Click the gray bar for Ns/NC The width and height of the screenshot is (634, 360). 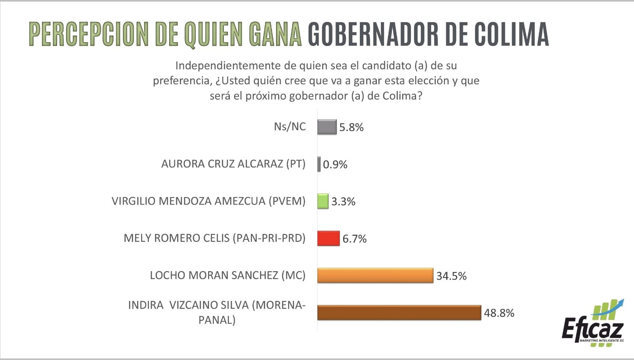pos(327,127)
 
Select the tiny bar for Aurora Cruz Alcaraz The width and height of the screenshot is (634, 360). pos(319,164)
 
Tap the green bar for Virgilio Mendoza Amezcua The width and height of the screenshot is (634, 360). pos(323,201)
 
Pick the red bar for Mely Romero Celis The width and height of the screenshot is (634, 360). pos(328,238)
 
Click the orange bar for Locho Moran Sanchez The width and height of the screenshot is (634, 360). pos(375,276)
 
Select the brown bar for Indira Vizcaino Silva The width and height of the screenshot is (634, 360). pos(399,313)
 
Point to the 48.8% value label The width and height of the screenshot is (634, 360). pos(499,313)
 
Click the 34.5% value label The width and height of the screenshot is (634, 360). pos(451,276)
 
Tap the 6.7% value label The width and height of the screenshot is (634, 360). pos(354,239)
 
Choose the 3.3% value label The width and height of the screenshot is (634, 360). pos(343,201)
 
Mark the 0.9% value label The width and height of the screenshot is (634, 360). pos(335,165)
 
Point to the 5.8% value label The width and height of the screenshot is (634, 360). pos(351,127)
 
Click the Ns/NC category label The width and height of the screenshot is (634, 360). pos(290,126)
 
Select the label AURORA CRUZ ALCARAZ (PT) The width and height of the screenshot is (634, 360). pos(233,164)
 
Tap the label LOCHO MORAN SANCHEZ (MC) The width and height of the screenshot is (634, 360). pos(227,275)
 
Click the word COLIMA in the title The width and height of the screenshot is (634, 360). pos(512,34)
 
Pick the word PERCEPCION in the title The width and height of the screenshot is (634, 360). pos(89,34)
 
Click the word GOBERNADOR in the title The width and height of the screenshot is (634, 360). pos(373,34)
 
